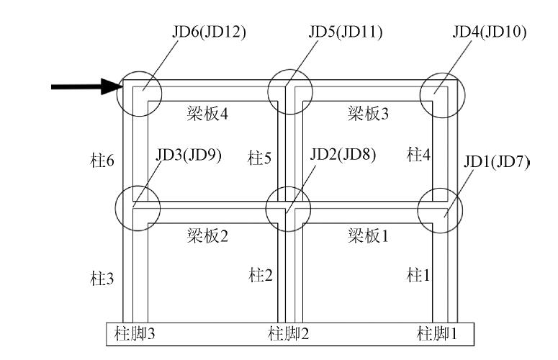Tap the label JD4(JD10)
tap(490, 32)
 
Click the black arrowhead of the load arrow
tap(109, 87)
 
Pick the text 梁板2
tap(209, 235)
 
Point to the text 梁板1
tap(368, 235)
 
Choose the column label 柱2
tap(259, 274)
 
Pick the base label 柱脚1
tap(438, 333)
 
